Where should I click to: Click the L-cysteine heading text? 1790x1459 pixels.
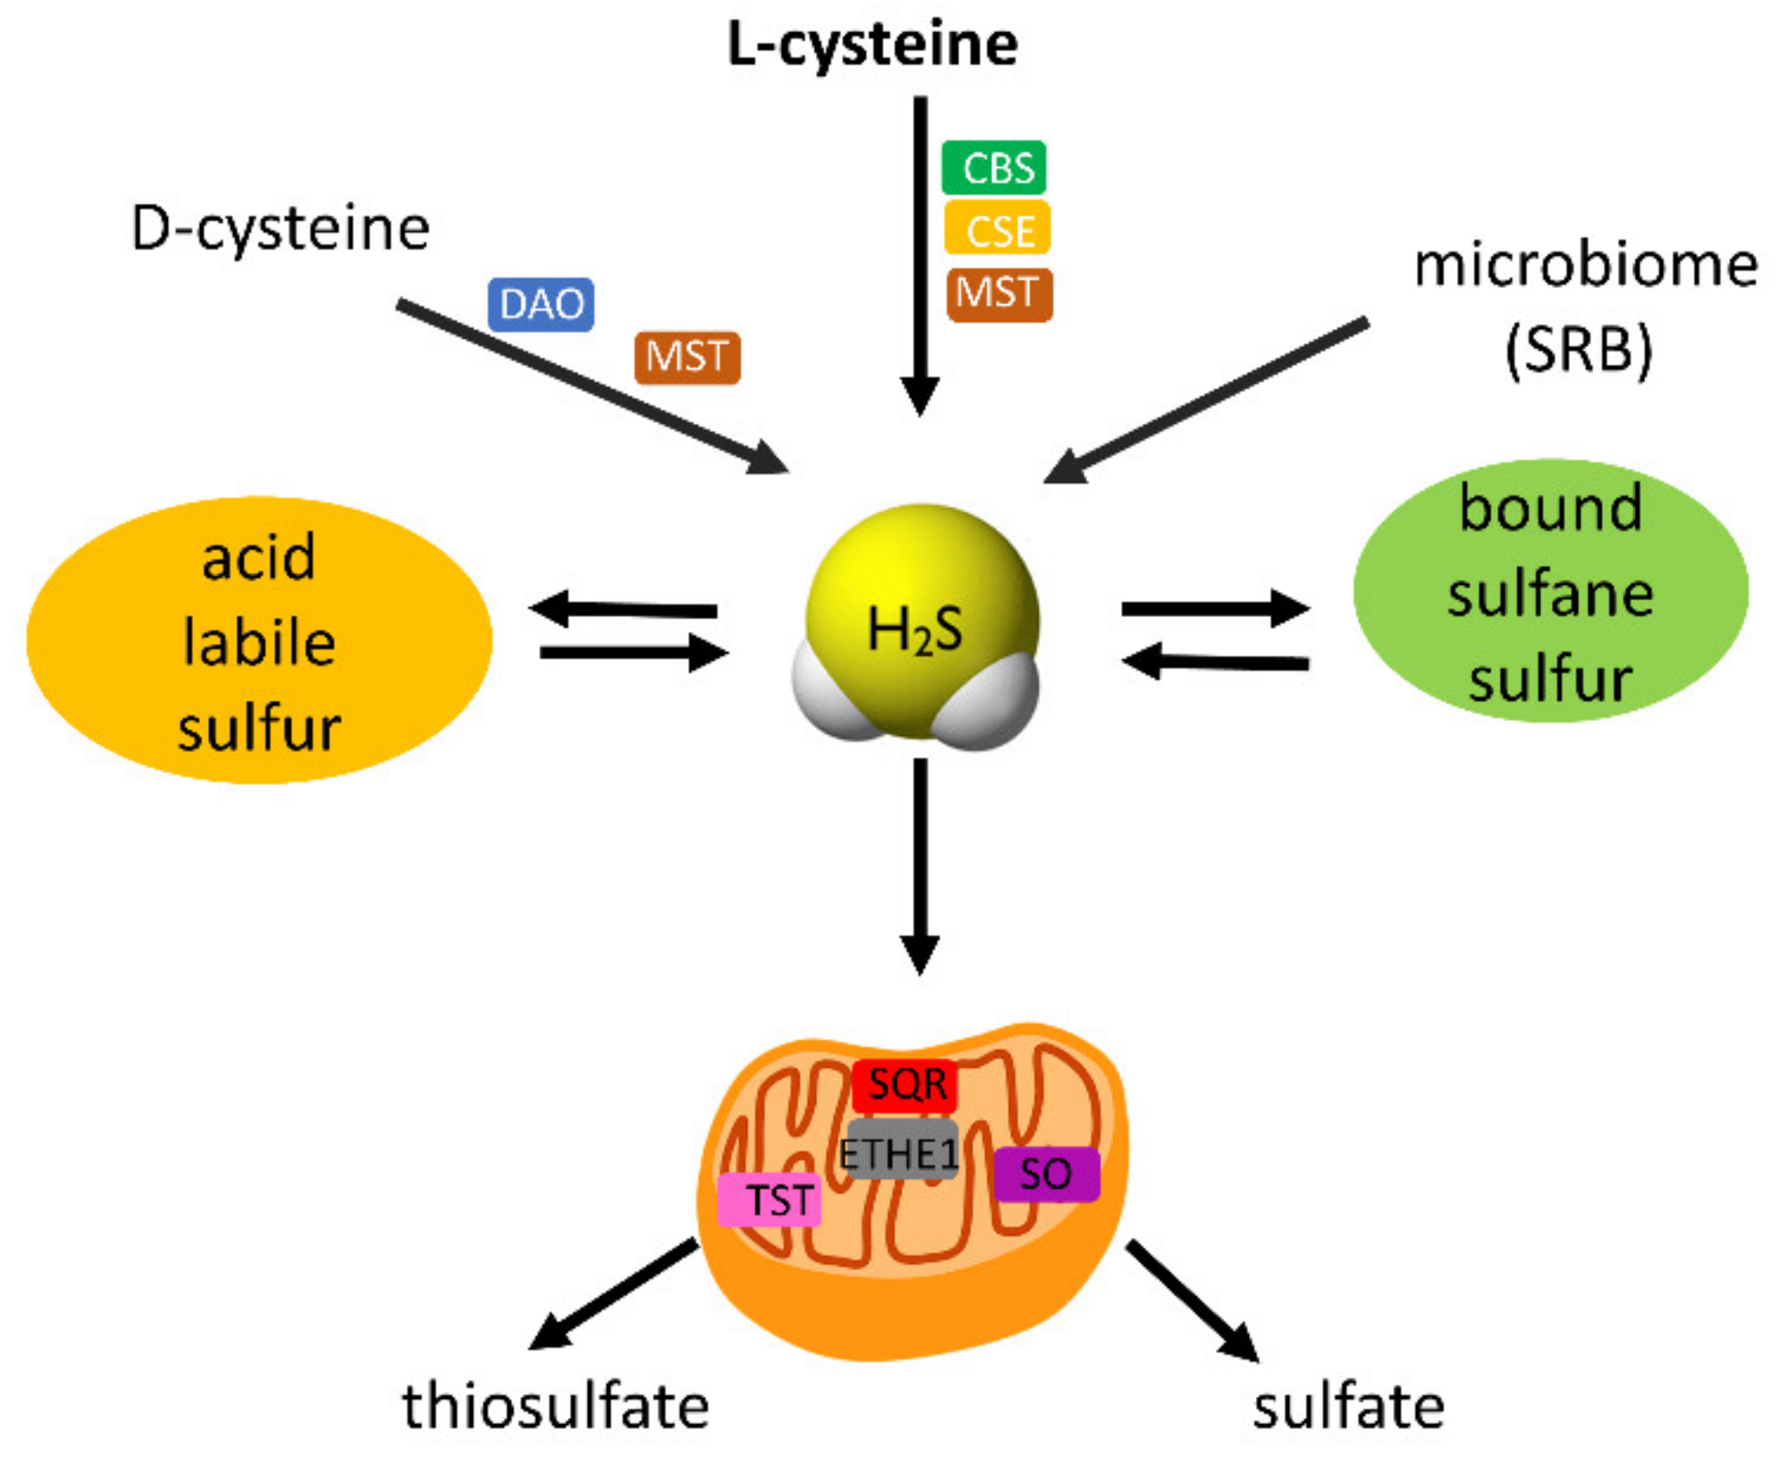pos(872,45)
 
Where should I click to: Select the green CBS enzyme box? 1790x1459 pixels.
pos(994,167)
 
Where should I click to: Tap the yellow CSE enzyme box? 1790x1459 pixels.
pos(998,229)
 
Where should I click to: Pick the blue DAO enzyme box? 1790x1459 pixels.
pos(541,305)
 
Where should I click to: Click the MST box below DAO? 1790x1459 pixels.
pos(687,358)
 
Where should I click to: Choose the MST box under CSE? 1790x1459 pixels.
pos(999,294)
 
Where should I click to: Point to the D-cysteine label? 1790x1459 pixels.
pos(280,230)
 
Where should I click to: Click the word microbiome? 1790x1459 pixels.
pos(1585,265)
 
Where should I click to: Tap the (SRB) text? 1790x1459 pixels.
pos(1578,350)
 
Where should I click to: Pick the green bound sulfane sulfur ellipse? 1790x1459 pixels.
pos(1550,592)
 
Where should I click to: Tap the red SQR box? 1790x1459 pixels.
pos(905,1085)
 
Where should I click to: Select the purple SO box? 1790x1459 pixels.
pos(1046,1175)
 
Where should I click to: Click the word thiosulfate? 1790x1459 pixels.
pos(555,1407)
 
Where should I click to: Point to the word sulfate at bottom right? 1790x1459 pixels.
pos(1347,1407)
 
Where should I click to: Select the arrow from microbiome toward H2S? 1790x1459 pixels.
pos(1209,400)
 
